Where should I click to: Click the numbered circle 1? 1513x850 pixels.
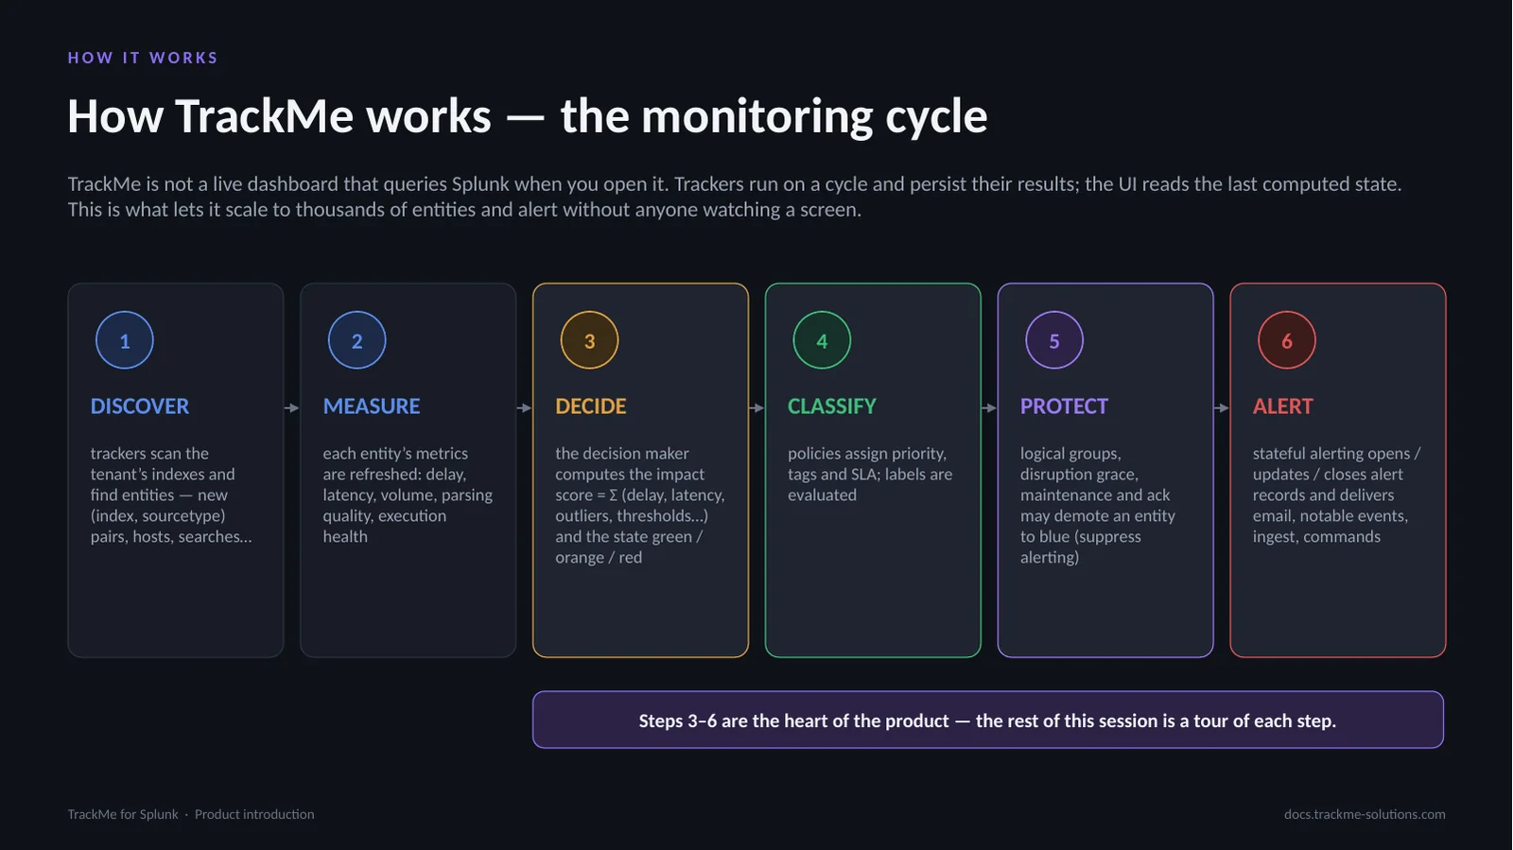(124, 340)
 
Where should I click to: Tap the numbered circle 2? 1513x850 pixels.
(357, 340)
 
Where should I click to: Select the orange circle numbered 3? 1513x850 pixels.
(589, 340)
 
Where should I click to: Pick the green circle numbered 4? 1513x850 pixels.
(822, 340)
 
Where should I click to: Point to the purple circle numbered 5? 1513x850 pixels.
(1053, 340)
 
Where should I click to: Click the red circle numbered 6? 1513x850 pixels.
(1287, 340)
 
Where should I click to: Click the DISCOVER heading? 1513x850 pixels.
(140, 406)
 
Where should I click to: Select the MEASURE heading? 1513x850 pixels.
(372, 406)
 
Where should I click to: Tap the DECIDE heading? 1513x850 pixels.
(591, 406)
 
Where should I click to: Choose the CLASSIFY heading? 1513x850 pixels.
(832, 406)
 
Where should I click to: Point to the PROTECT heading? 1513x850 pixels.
(1065, 406)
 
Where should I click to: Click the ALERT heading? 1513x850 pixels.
(1283, 406)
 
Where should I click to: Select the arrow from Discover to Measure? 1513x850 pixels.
(292, 408)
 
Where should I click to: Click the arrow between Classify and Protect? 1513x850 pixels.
(989, 408)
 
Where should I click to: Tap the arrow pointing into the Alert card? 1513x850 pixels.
(1221, 408)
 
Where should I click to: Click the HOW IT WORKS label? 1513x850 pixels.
(143, 58)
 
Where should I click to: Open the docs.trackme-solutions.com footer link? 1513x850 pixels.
(1365, 814)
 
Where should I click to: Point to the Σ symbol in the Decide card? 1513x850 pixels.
(614, 494)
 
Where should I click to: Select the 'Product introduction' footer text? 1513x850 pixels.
(254, 814)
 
